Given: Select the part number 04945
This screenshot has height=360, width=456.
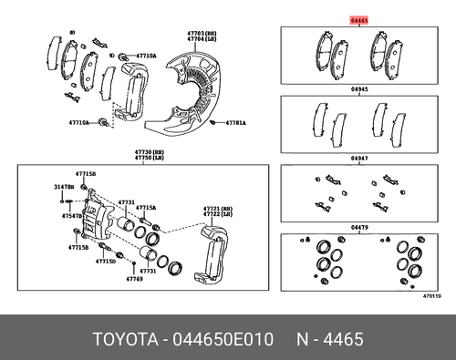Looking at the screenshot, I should (362, 91).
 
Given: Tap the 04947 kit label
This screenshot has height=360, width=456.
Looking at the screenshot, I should (362, 159).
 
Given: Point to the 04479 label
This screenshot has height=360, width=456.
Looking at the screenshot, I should (362, 227).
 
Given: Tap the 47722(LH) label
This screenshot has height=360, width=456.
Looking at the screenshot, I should (216, 215).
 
